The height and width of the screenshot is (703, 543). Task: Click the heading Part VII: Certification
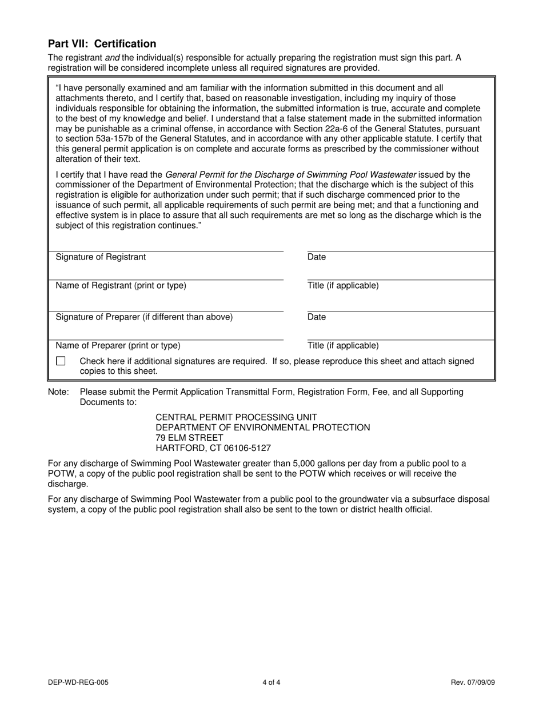102,44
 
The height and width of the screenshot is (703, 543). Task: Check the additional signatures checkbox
61,361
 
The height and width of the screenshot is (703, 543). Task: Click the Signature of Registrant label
101,257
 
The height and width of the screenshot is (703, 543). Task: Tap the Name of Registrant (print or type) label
121,286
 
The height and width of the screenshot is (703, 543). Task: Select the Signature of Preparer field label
144,317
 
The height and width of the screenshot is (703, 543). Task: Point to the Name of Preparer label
118,346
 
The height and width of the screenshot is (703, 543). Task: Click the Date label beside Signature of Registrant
317,257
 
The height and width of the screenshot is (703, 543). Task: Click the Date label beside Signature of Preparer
317,317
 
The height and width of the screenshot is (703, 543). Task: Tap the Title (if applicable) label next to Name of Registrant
343,286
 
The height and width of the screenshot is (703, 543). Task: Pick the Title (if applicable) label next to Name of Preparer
343,346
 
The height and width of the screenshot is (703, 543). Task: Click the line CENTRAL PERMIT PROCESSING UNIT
236,417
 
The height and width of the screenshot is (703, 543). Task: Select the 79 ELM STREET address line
190,438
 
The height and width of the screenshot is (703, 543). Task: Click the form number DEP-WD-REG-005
78,682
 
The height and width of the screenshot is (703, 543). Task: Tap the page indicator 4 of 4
271,682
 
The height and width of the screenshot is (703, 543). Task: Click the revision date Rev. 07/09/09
473,682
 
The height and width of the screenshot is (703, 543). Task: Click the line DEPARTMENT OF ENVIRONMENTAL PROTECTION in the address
263,428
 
